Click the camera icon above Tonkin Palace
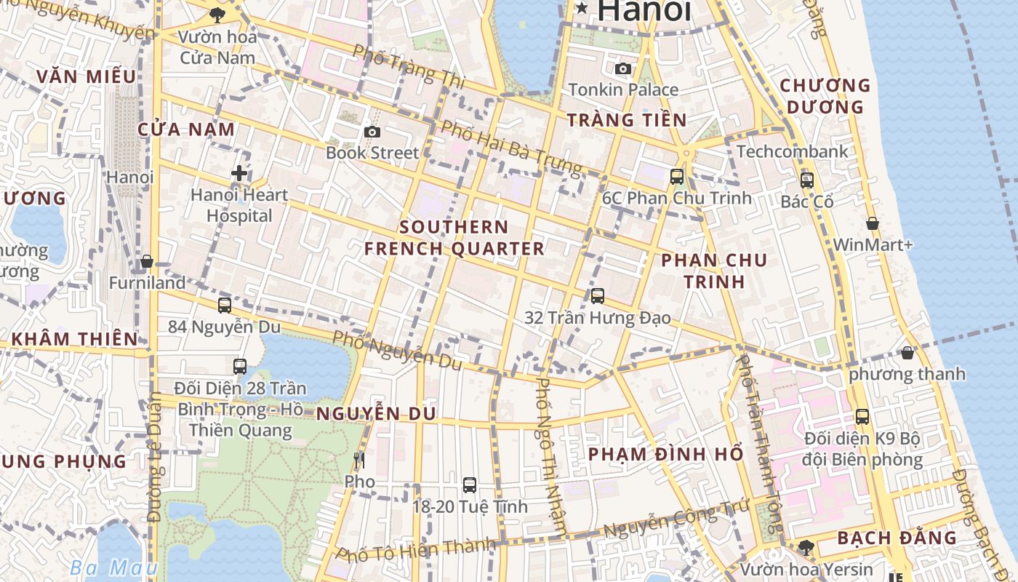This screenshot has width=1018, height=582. point(623,68)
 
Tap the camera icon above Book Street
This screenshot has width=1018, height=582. point(372,132)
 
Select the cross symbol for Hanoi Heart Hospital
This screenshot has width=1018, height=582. point(239,173)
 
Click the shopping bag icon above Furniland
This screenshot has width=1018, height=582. point(147,261)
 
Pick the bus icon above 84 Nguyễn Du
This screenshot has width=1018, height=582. point(225,306)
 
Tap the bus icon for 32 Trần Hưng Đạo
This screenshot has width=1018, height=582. point(598,295)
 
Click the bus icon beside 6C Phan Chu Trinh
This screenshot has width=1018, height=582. point(677,176)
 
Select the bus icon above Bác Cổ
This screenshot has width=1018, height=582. point(807,180)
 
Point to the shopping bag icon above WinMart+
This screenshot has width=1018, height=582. point(873,223)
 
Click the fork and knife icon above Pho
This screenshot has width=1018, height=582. point(358,461)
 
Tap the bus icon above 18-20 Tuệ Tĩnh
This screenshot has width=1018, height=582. point(470,485)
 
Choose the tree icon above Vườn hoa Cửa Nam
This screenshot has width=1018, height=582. point(217,14)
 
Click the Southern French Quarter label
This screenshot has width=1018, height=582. point(454,238)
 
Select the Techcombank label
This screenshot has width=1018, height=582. point(793,151)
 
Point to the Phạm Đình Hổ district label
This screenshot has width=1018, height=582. point(665,454)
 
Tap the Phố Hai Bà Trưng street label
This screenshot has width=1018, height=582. point(512,149)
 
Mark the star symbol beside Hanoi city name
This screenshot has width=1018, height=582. point(582,9)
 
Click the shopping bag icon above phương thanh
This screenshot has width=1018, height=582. point(907,353)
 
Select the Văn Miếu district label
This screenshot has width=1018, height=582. point(86,76)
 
